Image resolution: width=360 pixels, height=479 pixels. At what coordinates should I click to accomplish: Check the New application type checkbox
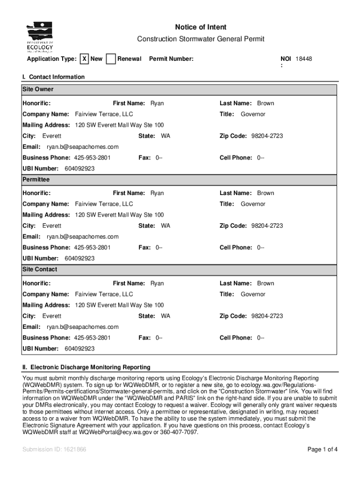click(x=84, y=59)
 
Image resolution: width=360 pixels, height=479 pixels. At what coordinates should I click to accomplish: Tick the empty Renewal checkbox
click(x=111, y=59)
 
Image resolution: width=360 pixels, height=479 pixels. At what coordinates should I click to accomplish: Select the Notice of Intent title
click(x=201, y=27)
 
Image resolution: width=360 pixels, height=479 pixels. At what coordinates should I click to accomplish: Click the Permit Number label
click(x=171, y=59)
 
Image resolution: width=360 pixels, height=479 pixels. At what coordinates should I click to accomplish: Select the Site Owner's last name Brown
click(x=266, y=103)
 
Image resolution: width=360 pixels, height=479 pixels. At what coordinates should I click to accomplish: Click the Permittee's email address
click(x=82, y=237)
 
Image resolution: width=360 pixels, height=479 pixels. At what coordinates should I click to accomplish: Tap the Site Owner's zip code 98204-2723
click(x=267, y=136)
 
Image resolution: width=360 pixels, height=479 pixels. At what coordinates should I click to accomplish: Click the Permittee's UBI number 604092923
click(x=79, y=258)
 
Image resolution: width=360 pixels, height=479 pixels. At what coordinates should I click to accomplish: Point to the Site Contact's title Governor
click(x=253, y=294)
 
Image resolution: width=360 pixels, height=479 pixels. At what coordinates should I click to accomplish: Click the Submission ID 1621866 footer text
click(x=54, y=450)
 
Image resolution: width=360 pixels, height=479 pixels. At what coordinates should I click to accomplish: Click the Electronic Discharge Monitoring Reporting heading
click(x=86, y=368)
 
